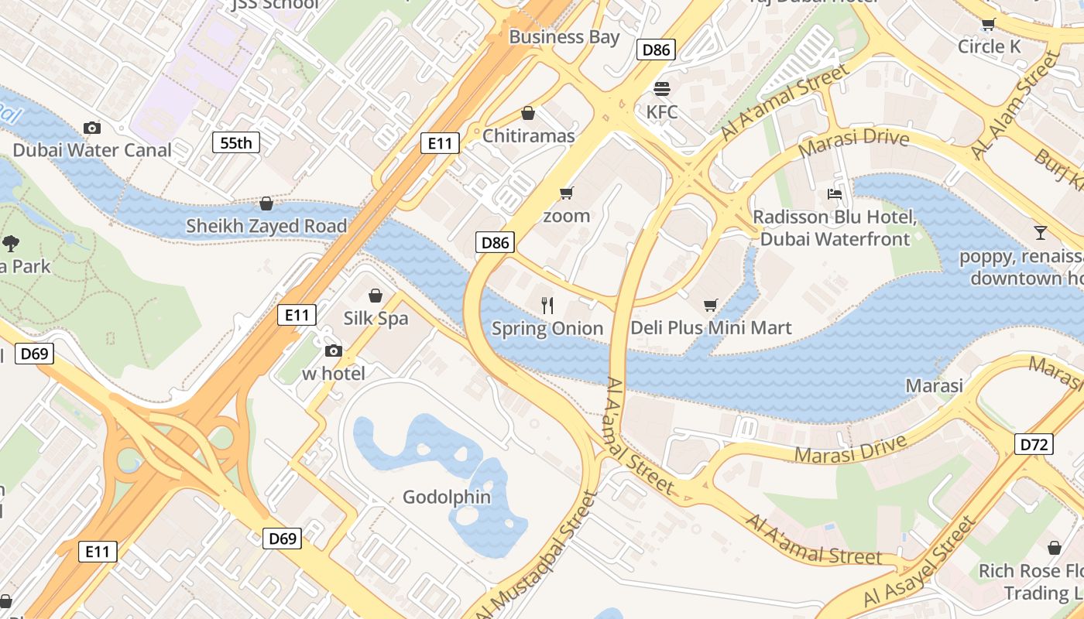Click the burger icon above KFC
tap(661, 88)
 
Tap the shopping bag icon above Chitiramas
tap(528, 114)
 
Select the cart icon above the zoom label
tap(567, 193)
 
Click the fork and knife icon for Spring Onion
tap(547, 306)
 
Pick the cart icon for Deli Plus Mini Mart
tap(710, 306)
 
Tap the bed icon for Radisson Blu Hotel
tap(835, 193)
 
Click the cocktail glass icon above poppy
tap(1040, 232)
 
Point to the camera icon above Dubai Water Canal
tap(91, 128)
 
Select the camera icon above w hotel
tap(333, 351)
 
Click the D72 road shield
tap(1034, 444)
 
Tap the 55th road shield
tap(236, 142)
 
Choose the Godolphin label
tap(447, 497)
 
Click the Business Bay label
tap(564, 36)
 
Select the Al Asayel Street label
tap(920, 563)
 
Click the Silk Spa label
tap(376, 318)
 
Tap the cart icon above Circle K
tap(988, 24)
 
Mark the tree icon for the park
tap(11, 244)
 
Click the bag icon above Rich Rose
tap(1054, 548)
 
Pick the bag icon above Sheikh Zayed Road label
tap(266, 203)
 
